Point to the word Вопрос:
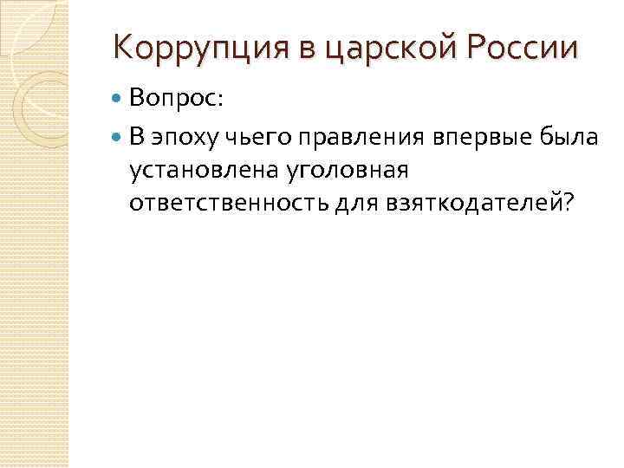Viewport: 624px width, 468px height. tap(176, 100)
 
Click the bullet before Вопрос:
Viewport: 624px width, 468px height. tap(118, 101)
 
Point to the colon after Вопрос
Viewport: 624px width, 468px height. tap(220, 101)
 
